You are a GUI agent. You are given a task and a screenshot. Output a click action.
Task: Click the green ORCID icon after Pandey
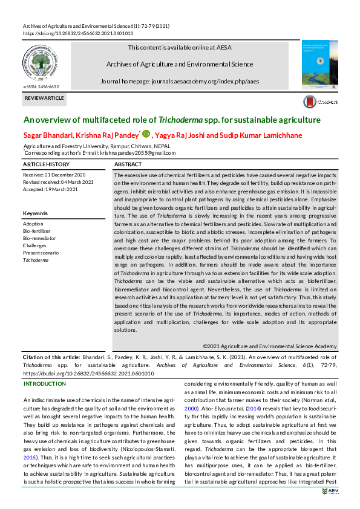[x=146, y=134]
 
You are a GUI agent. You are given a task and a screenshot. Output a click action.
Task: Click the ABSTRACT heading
[x=128, y=164]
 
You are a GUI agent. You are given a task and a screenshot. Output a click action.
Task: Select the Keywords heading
[x=35, y=213]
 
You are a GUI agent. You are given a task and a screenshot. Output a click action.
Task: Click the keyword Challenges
[x=34, y=245]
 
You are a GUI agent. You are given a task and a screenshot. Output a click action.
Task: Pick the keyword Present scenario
[x=41, y=253]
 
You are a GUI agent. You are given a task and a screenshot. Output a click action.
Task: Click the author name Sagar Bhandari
[x=48, y=135]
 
